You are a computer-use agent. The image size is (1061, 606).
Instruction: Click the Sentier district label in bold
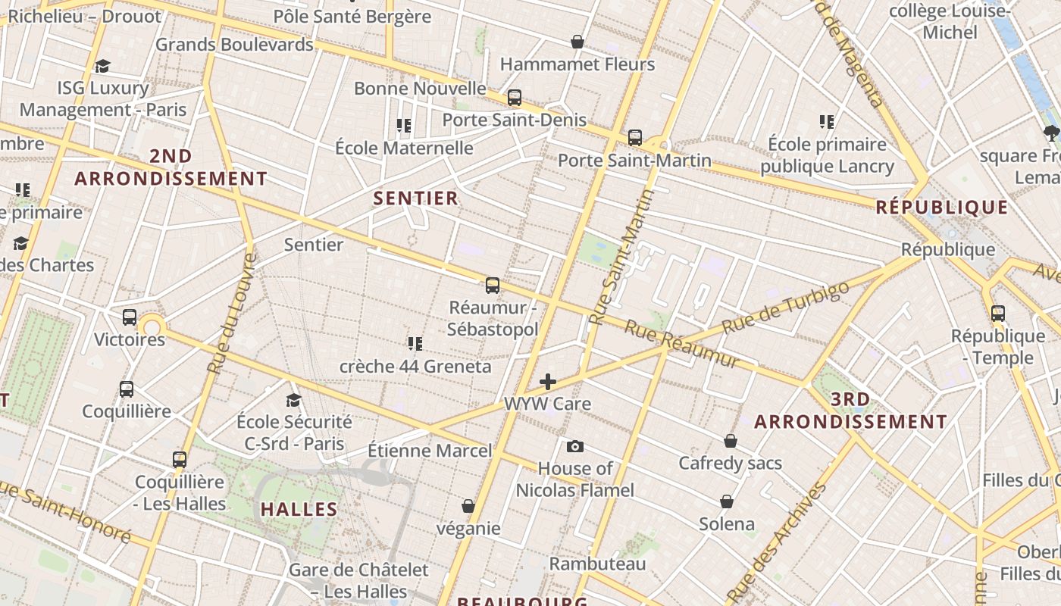pyautogui.click(x=416, y=198)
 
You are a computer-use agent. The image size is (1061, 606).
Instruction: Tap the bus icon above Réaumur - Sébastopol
pyautogui.click(x=493, y=286)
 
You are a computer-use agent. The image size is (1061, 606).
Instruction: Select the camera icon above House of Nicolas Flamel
pyautogui.click(x=575, y=447)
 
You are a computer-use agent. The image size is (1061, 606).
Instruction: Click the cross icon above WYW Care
pyautogui.click(x=548, y=382)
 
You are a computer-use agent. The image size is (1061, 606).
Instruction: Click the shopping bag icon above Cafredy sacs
pyautogui.click(x=731, y=441)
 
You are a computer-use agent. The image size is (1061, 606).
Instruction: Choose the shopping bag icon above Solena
pyautogui.click(x=727, y=501)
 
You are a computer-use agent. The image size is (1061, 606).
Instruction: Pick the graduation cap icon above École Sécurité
pyautogui.click(x=294, y=400)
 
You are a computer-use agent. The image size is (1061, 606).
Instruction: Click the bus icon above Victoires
pyautogui.click(x=130, y=317)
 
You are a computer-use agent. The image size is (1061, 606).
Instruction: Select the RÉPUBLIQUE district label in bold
pyautogui.click(x=942, y=208)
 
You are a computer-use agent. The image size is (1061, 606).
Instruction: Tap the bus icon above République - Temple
pyautogui.click(x=997, y=314)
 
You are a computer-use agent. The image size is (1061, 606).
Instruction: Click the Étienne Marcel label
pyautogui.click(x=430, y=451)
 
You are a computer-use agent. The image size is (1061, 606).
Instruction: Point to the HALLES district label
pyautogui.click(x=299, y=509)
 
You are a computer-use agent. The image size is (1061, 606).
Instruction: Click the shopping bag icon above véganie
pyautogui.click(x=468, y=506)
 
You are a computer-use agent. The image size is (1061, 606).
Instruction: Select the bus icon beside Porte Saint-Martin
pyautogui.click(x=635, y=138)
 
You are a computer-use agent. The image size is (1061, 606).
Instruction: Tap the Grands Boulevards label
pyautogui.click(x=234, y=45)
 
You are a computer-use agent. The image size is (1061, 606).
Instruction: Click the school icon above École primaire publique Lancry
pyautogui.click(x=827, y=121)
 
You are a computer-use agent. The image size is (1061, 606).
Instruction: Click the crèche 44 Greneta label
pyautogui.click(x=415, y=367)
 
